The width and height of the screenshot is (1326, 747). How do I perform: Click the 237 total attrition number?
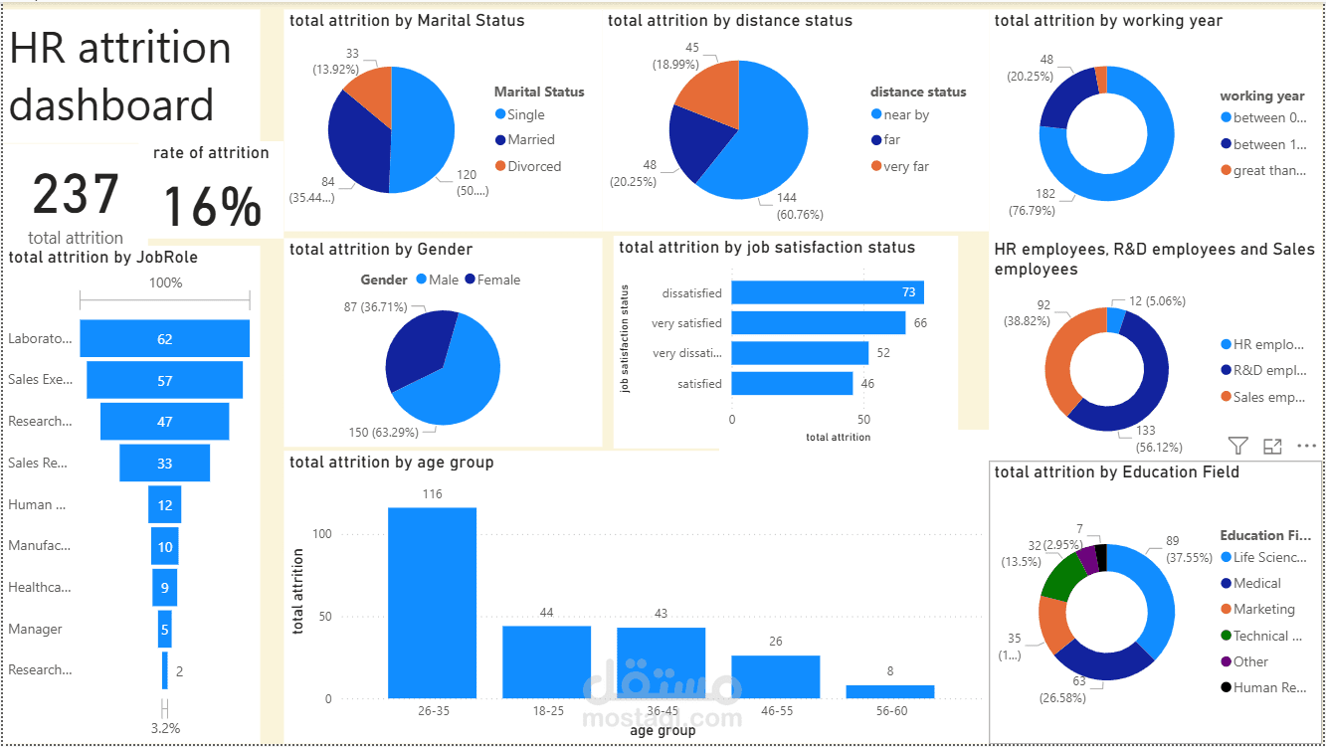click(x=76, y=194)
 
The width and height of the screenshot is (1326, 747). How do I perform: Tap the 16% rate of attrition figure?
click(x=212, y=207)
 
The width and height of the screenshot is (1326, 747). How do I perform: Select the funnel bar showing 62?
click(x=165, y=339)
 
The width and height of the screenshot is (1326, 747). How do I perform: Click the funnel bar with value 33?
click(x=165, y=464)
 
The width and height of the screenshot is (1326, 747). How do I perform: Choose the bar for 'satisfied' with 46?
click(x=792, y=383)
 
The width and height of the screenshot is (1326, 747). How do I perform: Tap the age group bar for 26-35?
click(x=432, y=603)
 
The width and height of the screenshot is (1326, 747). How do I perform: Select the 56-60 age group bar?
click(x=890, y=691)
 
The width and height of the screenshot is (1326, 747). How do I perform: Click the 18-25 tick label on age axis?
click(x=546, y=711)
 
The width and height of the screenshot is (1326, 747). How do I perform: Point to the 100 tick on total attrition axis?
click(x=320, y=534)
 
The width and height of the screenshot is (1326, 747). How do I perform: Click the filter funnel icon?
click(x=1237, y=447)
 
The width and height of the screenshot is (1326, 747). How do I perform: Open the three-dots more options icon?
click(x=1306, y=447)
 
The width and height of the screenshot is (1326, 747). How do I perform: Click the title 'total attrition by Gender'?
click(x=381, y=250)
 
